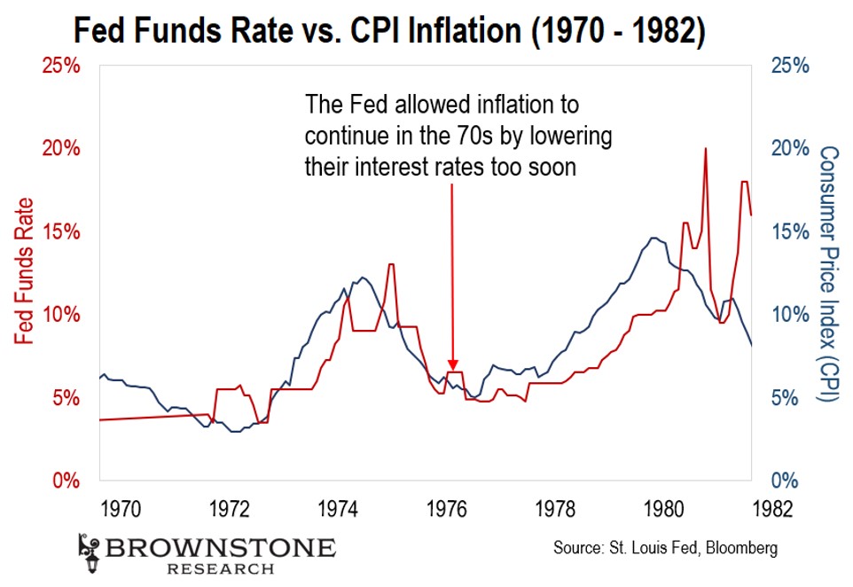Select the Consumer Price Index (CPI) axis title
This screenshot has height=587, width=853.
pos(830,274)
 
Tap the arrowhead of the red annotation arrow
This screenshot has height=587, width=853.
pos(453,364)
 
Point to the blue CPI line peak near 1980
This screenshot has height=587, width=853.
pos(653,238)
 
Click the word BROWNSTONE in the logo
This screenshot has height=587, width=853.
pos(221,545)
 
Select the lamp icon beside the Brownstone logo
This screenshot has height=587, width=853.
pos(88,551)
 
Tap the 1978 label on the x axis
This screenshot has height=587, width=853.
pos(556,509)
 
